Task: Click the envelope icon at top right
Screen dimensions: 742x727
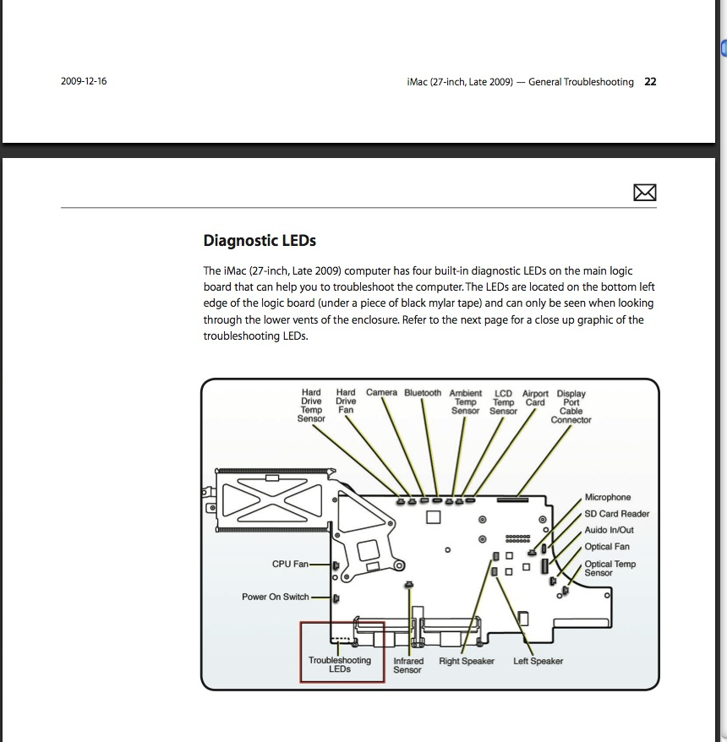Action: point(645,194)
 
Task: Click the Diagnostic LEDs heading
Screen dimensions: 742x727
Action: point(260,241)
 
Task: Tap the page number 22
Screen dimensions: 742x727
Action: point(650,82)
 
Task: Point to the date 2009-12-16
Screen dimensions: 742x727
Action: point(84,82)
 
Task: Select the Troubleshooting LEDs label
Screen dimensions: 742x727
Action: point(340,664)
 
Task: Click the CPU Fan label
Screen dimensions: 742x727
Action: point(289,564)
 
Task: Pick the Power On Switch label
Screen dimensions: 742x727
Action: point(276,597)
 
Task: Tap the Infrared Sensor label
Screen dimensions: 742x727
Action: point(407,665)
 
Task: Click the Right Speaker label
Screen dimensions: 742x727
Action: point(467,661)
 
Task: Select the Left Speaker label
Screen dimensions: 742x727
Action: point(538,661)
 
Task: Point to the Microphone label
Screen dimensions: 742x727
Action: point(608,497)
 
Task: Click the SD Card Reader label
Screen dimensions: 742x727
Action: point(617,514)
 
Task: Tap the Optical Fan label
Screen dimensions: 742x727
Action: point(607,547)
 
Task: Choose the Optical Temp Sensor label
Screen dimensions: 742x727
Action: point(609,568)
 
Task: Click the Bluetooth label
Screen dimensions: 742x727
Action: point(423,393)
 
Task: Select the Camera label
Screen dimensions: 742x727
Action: point(381,393)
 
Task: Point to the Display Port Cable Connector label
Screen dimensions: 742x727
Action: point(571,406)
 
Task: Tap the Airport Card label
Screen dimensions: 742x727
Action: point(535,398)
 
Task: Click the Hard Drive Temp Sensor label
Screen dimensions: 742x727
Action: point(311,406)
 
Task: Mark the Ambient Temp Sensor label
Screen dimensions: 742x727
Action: point(465,402)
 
